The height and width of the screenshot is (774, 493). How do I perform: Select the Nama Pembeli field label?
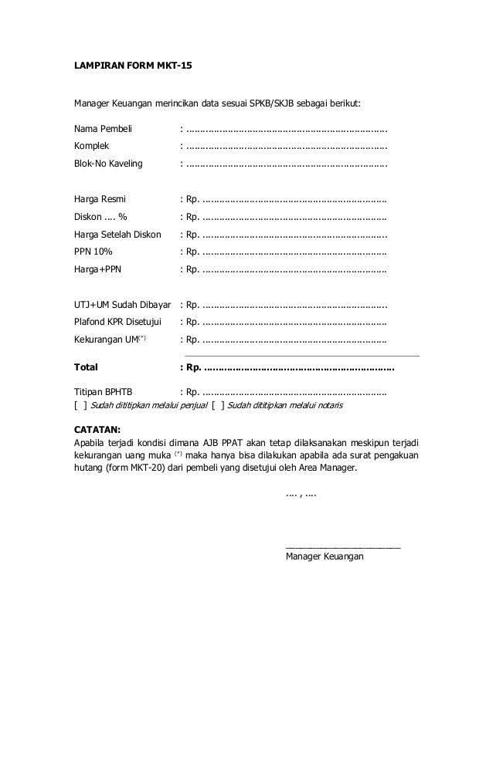103,129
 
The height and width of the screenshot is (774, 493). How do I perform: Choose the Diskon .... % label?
100,217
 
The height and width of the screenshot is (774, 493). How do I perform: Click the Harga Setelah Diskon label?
117,234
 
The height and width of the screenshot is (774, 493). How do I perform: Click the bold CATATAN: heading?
97,429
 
